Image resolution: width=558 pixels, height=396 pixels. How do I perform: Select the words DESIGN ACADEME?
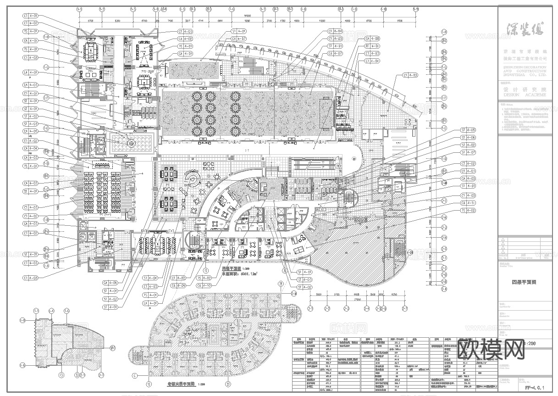(x=525, y=95)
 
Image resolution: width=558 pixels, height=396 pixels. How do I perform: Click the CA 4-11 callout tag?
(x=468, y=203)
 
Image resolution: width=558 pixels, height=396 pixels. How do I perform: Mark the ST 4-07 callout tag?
(x=468, y=152)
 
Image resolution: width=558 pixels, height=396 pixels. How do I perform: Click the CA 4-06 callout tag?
(x=110, y=283)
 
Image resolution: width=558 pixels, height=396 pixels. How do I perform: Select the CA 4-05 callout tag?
(x=31, y=131)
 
